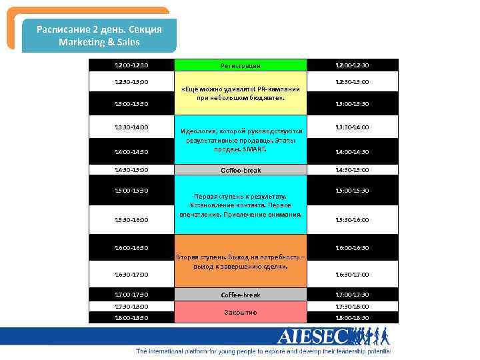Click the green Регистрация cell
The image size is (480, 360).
(240, 65)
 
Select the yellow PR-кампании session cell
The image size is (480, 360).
(240, 93)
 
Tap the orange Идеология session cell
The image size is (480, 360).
(240, 140)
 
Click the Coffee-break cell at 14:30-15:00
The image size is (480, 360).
(240, 170)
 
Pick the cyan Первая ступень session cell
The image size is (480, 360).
(240, 205)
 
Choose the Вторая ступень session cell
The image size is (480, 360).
(240, 261)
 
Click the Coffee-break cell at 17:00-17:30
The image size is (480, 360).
(240, 295)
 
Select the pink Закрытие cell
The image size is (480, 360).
(240, 312)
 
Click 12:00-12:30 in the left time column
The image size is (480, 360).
(131, 65)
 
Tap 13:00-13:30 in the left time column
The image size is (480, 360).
(131, 104)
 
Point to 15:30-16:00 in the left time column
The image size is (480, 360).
(131, 220)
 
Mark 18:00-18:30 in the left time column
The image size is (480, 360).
(131, 318)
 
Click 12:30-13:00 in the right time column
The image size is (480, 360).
(353, 82)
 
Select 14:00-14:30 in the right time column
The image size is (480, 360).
(353, 151)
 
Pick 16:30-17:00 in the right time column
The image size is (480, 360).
(353, 274)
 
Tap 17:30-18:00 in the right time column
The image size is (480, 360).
(353, 307)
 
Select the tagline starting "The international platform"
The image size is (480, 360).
(263, 351)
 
